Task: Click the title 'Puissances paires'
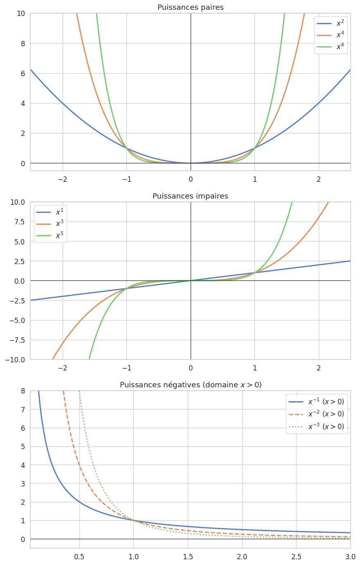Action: pyautogui.click(x=190, y=7)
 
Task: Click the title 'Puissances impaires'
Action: pyautogui.click(x=190, y=196)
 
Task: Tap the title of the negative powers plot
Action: pyautogui.click(x=190, y=385)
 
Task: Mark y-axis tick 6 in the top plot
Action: pyautogui.click(x=23, y=73)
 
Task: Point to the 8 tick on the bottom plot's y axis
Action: pyautogui.click(x=23, y=391)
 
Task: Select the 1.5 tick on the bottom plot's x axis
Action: pyautogui.click(x=188, y=557)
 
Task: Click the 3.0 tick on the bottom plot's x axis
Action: pyautogui.click(x=350, y=557)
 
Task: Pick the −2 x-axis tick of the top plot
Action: pyautogui.click(x=63, y=180)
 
